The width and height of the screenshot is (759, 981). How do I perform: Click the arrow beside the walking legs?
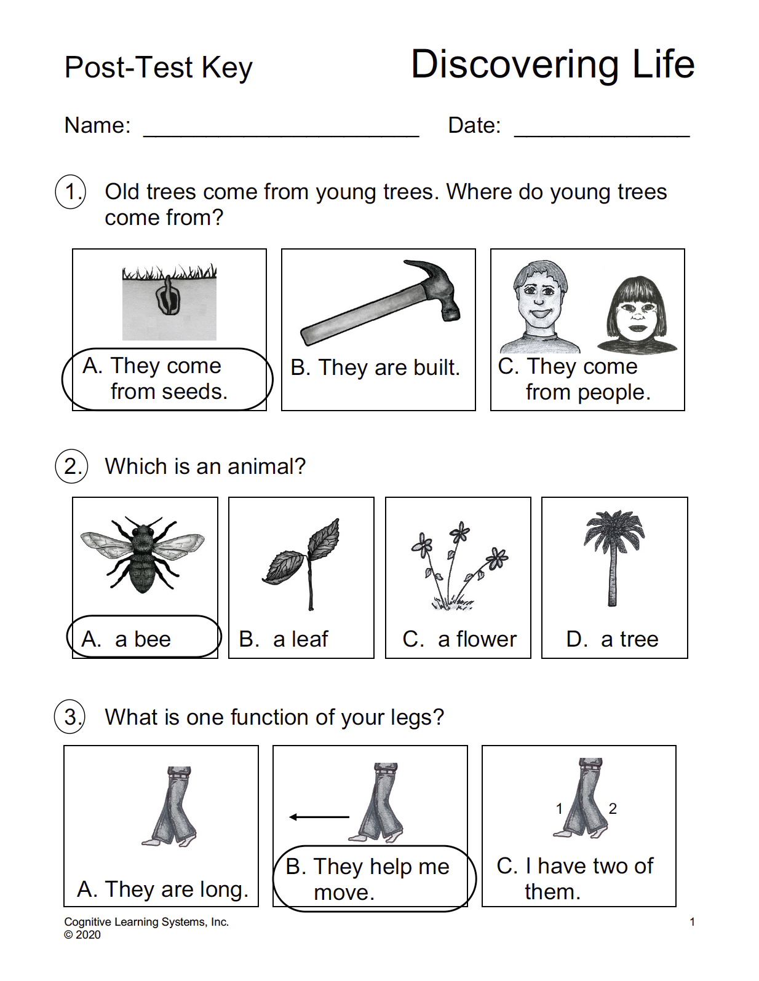click(319, 817)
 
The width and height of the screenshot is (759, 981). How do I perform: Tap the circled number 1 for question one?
click(71, 192)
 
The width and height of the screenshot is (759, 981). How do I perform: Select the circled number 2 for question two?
click(72, 467)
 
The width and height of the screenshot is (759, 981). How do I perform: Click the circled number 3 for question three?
click(71, 717)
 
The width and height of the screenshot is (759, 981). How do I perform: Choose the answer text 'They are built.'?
click(389, 368)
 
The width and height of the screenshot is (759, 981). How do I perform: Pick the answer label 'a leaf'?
click(301, 639)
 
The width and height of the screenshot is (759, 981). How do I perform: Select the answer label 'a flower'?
click(477, 639)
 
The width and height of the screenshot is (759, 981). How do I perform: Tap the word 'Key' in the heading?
click(227, 68)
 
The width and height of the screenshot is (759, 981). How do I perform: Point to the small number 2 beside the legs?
click(613, 809)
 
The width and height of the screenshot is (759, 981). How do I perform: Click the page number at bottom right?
click(692, 922)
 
